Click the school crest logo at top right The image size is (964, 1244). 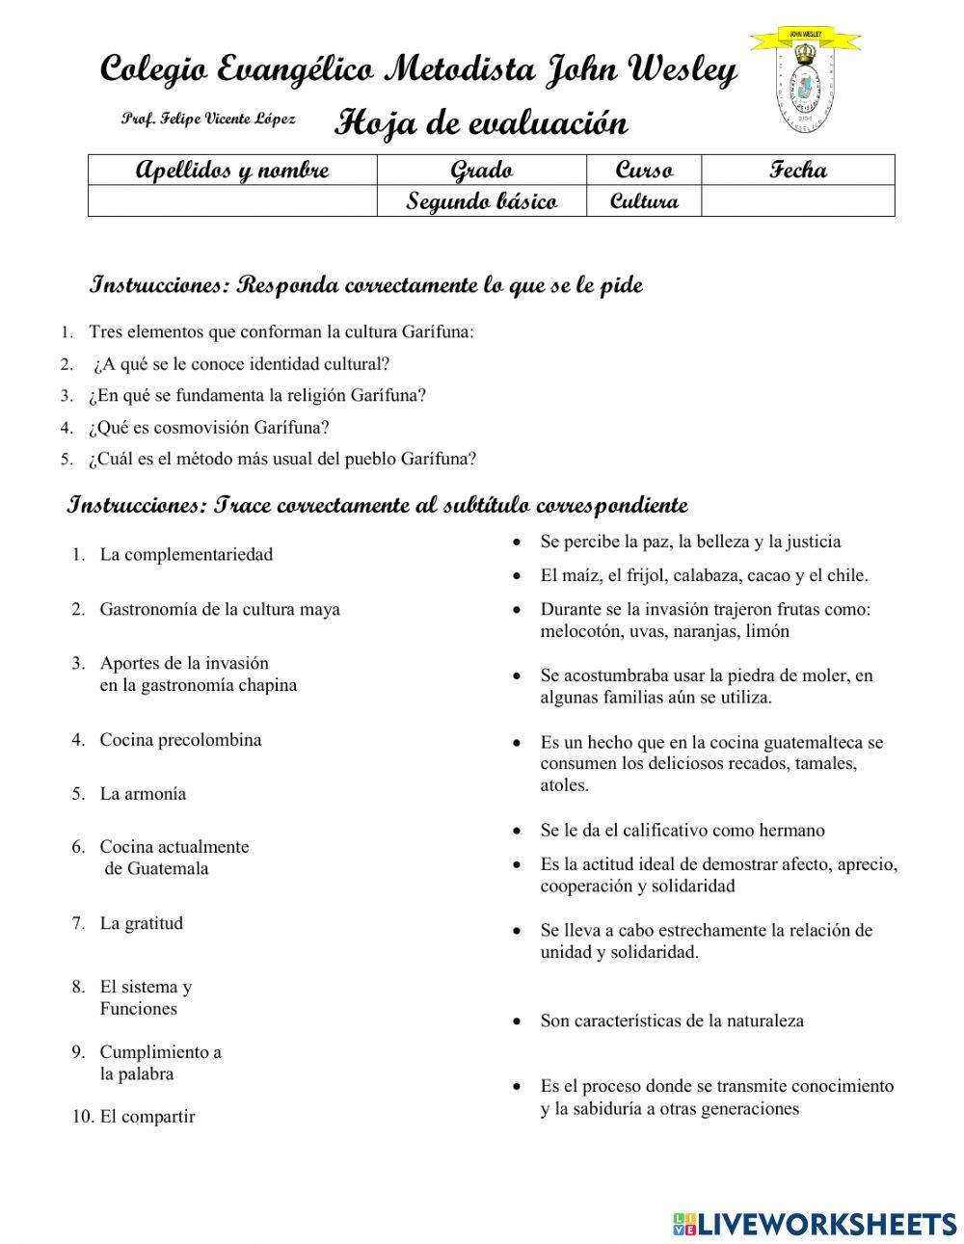pyautogui.click(x=804, y=84)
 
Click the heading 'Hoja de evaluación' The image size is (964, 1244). pyautogui.click(x=481, y=123)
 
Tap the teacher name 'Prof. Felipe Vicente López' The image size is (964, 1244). pyautogui.click(x=208, y=119)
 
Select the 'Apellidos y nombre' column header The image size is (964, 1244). pyautogui.click(x=232, y=171)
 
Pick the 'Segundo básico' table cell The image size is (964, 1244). pyautogui.click(x=481, y=201)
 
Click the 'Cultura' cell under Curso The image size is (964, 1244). pyautogui.click(x=644, y=201)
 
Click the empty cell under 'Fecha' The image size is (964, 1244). pyautogui.click(x=797, y=201)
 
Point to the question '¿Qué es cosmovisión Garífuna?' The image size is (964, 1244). pyautogui.click(x=209, y=427)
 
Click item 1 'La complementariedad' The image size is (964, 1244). pyautogui.click(x=186, y=554)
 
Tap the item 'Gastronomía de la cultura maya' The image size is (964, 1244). pyautogui.click(x=220, y=609)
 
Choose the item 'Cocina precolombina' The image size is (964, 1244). pyautogui.click(x=180, y=740)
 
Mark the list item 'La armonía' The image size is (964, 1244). pyautogui.click(x=143, y=794)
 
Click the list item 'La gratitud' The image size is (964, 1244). pyautogui.click(x=141, y=923)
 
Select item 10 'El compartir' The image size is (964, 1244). pyautogui.click(x=147, y=1117)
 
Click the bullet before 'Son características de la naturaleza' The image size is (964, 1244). pyautogui.click(x=518, y=1021)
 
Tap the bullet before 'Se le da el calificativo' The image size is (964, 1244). pyautogui.click(x=518, y=831)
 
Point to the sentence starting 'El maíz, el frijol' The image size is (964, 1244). pyautogui.click(x=704, y=575)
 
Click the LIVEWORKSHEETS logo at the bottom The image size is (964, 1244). pyautogui.click(x=814, y=1223)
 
